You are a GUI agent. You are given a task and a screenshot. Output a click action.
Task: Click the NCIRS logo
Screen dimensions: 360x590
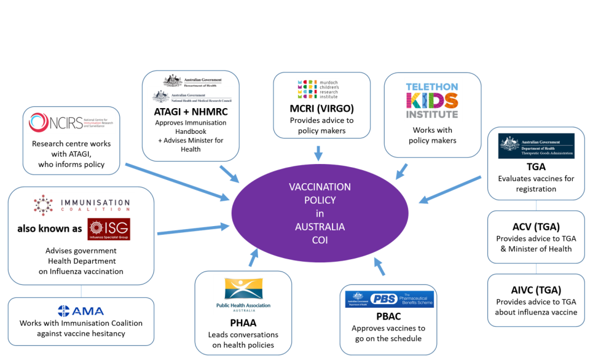pyautogui.click(x=71, y=122)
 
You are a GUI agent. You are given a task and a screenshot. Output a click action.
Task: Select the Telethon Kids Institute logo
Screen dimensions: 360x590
pyautogui.click(x=433, y=100)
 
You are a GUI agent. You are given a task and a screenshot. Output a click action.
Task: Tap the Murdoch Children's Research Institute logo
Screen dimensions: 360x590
pyautogui.click(x=318, y=89)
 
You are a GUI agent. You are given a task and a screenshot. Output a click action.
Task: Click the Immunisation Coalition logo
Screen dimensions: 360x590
pyautogui.click(x=84, y=205)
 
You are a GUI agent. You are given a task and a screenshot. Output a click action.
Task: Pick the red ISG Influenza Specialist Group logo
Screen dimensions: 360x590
pyautogui.click(x=109, y=229)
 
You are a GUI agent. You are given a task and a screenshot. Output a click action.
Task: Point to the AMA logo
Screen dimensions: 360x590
pyautogui.click(x=81, y=311)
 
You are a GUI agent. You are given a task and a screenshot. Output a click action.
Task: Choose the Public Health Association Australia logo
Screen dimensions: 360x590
pyautogui.click(x=243, y=295)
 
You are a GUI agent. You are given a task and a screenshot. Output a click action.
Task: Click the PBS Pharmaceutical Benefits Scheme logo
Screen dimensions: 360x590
pyautogui.click(x=389, y=299)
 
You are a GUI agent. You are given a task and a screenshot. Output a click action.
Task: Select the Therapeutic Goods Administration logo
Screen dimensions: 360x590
pyautogui.click(x=536, y=146)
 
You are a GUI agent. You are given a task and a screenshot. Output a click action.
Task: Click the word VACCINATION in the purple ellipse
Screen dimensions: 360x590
pyautogui.click(x=320, y=187)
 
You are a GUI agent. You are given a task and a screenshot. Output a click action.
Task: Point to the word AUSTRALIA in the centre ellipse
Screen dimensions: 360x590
pyautogui.click(x=320, y=227)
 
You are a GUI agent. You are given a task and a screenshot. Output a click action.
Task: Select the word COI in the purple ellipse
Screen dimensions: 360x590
pyautogui.click(x=320, y=240)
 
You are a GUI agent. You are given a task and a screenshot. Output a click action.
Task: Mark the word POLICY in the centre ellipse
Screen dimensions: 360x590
pyautogui.click(x=320, y=200)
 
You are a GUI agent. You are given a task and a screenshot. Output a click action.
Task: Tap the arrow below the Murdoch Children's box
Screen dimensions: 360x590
pyautogui.click(x=318, y=153)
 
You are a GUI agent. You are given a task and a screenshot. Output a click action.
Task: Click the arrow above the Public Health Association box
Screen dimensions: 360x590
pyautogui.click(x=253, y=259)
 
